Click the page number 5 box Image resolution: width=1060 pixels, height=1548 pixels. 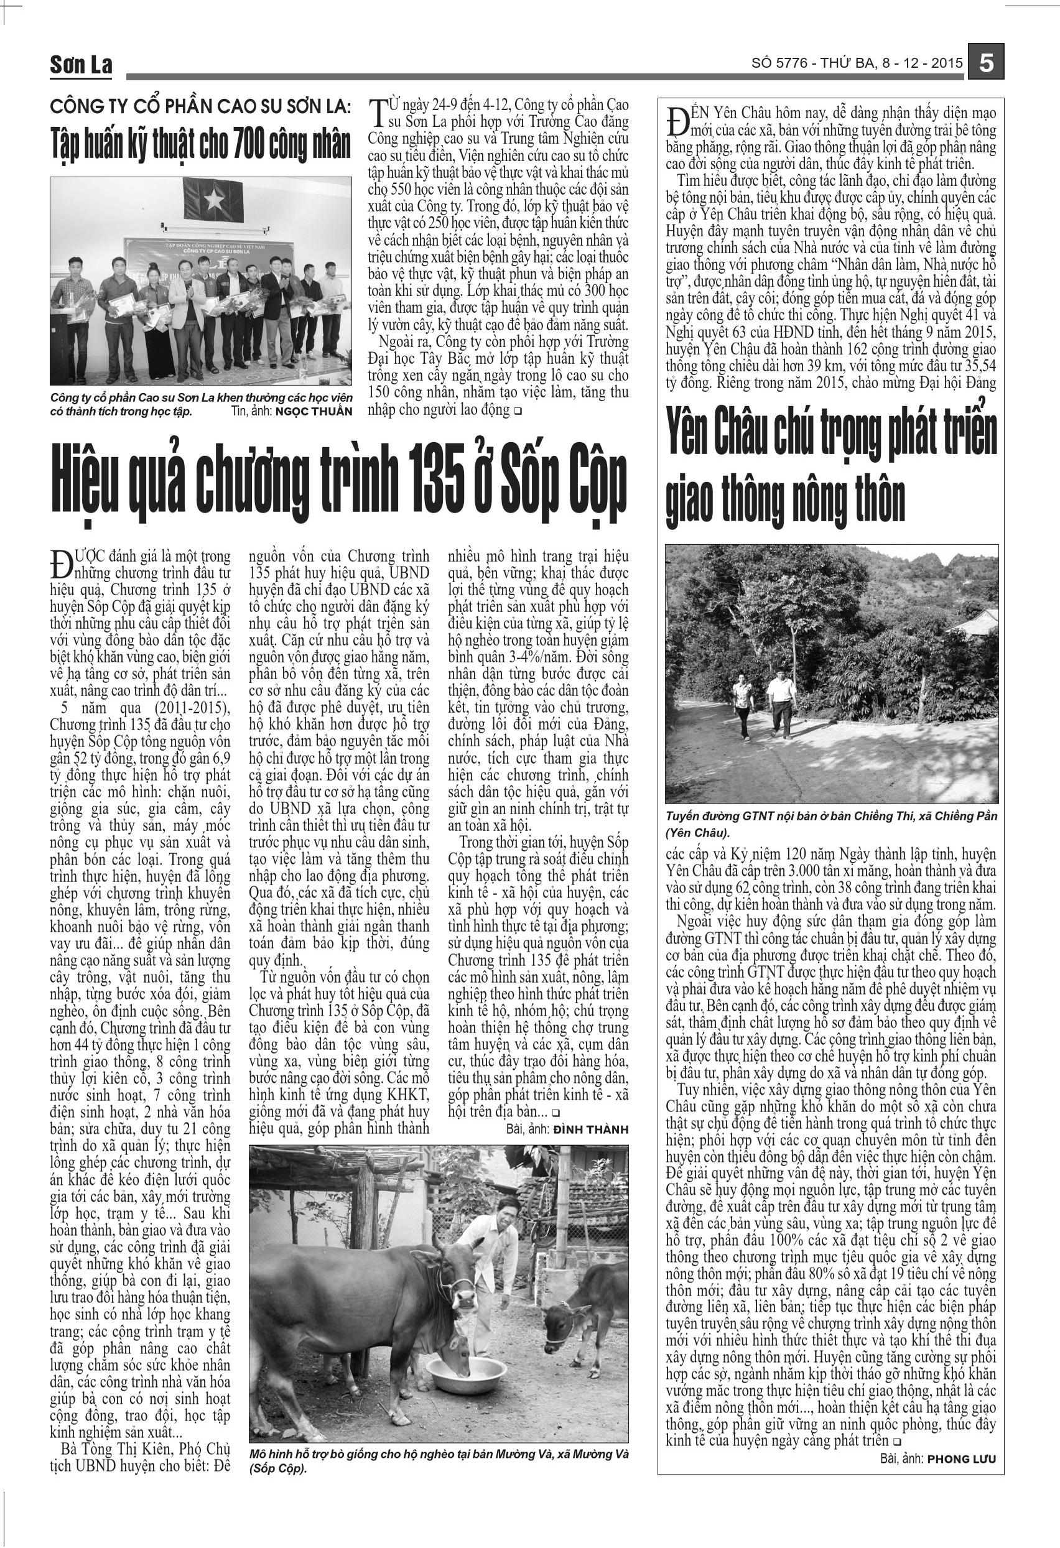tap(987, 64)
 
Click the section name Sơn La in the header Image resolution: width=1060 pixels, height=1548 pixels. tap(81, 65)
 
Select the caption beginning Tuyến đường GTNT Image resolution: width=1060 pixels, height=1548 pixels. tap(831, 823)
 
